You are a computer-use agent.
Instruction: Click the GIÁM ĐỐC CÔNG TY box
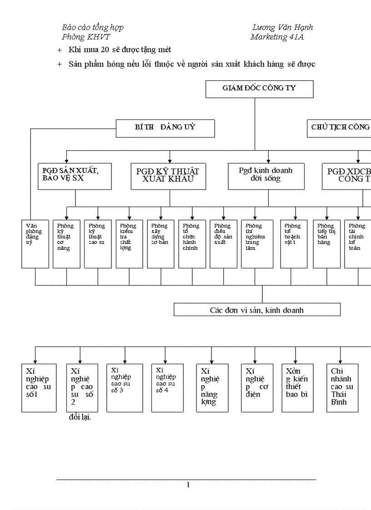click(x=259, y=89)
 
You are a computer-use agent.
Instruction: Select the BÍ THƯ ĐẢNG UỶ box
click(x=165, y=129)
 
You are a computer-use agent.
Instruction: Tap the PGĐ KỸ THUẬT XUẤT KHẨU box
click(x=168, y=176)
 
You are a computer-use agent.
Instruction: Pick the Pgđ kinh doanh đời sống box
click(x=266, y=176)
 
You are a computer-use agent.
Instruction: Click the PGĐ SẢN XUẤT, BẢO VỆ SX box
click(x=75, y=176)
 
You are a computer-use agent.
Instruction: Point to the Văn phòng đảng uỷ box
click(x=35, y=243)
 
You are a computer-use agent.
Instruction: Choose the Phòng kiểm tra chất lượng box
click(x=129, y=243)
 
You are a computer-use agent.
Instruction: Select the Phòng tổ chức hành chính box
click(x=192, y=243)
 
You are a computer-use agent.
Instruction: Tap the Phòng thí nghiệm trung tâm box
click(x=257, y=243)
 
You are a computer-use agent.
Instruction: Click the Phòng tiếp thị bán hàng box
click(x=326, y=243)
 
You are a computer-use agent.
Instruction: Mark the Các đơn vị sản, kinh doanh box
click(x=257, y=310)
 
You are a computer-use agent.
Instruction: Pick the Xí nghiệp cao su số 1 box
click(x=39, y=387)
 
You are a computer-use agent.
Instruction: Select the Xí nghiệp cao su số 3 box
click(x=125, y=387)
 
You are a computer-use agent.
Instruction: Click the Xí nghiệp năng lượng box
click(x=212, y=387)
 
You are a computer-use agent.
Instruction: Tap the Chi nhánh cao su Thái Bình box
click(x=342, y=387)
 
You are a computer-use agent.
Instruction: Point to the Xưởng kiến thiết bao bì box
click(x=297, y=387)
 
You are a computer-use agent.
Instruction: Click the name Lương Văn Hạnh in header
click(x=282, y=28)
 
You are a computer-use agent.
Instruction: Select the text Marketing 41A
click(x=277, y=37)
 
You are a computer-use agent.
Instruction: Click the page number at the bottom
click(x=188, y=485)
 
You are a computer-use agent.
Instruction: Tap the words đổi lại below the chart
click(x=80, y=417)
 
